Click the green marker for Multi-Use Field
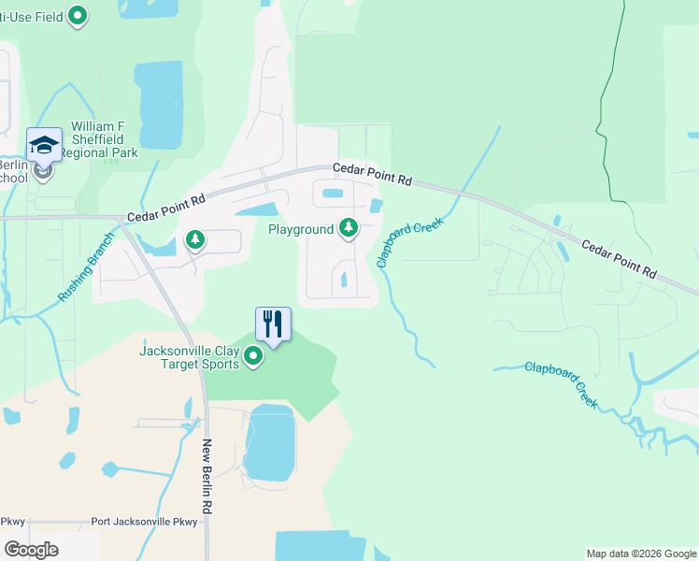point(79,16)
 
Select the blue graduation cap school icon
point(44,146)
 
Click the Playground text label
point(301,229)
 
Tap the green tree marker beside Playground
point(349,227)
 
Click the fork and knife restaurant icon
point(274,324)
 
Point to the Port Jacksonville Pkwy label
point(145,522)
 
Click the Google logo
point(31,550)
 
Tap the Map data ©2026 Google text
point(640,554)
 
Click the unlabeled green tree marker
point(195,240)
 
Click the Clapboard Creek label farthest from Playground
point(561,382)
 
